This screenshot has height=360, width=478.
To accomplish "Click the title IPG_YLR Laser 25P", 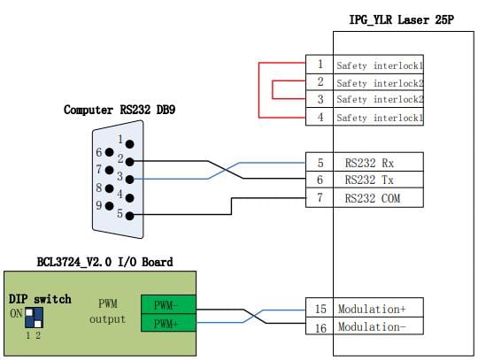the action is [x=401, y=20].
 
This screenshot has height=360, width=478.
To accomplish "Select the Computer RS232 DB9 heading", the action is [x=119, y=110].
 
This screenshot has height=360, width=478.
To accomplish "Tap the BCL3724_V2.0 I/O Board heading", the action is [x=104, y=262].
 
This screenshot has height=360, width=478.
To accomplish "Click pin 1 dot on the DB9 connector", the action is [x=129, y=144].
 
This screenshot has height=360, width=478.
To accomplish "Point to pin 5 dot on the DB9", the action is [x=129, y=216].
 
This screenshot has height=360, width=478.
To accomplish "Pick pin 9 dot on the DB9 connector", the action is [x=109, y=206].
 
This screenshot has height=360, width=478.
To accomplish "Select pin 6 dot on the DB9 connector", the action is [x=109, y=152].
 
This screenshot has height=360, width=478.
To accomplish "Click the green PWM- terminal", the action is [x=168, y=304].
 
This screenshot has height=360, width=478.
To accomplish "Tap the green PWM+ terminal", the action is [x=168, y=323].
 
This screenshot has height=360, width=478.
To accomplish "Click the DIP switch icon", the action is [x=34, y=318].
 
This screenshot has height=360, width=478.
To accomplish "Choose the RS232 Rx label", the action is [x=369, y=163].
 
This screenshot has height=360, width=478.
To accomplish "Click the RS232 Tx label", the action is [x=369, y=180].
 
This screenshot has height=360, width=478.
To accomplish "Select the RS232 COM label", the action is [x=372, y=198].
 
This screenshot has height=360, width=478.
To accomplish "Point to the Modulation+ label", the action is [x=372, y=309].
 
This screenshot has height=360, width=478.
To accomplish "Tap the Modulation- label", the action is [x=372, y=326].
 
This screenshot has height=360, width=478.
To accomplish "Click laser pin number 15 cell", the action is [x=320, y=308].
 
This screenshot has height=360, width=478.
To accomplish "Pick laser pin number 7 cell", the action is [x=320, y=197].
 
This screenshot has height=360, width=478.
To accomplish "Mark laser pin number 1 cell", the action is [x=320, y=65].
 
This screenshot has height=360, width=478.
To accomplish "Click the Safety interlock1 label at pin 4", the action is [x=380, y=118].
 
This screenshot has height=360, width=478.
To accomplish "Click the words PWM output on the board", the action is [x=108, y=311].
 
